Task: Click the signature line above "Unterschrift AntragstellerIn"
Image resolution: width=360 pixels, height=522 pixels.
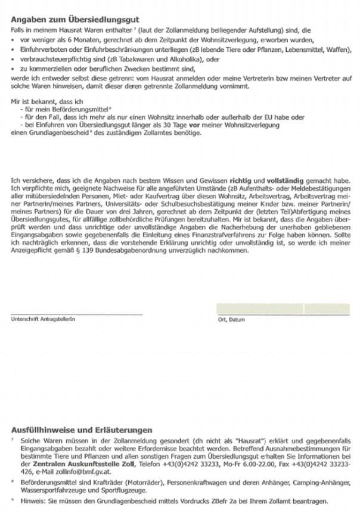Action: pos(77,313)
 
